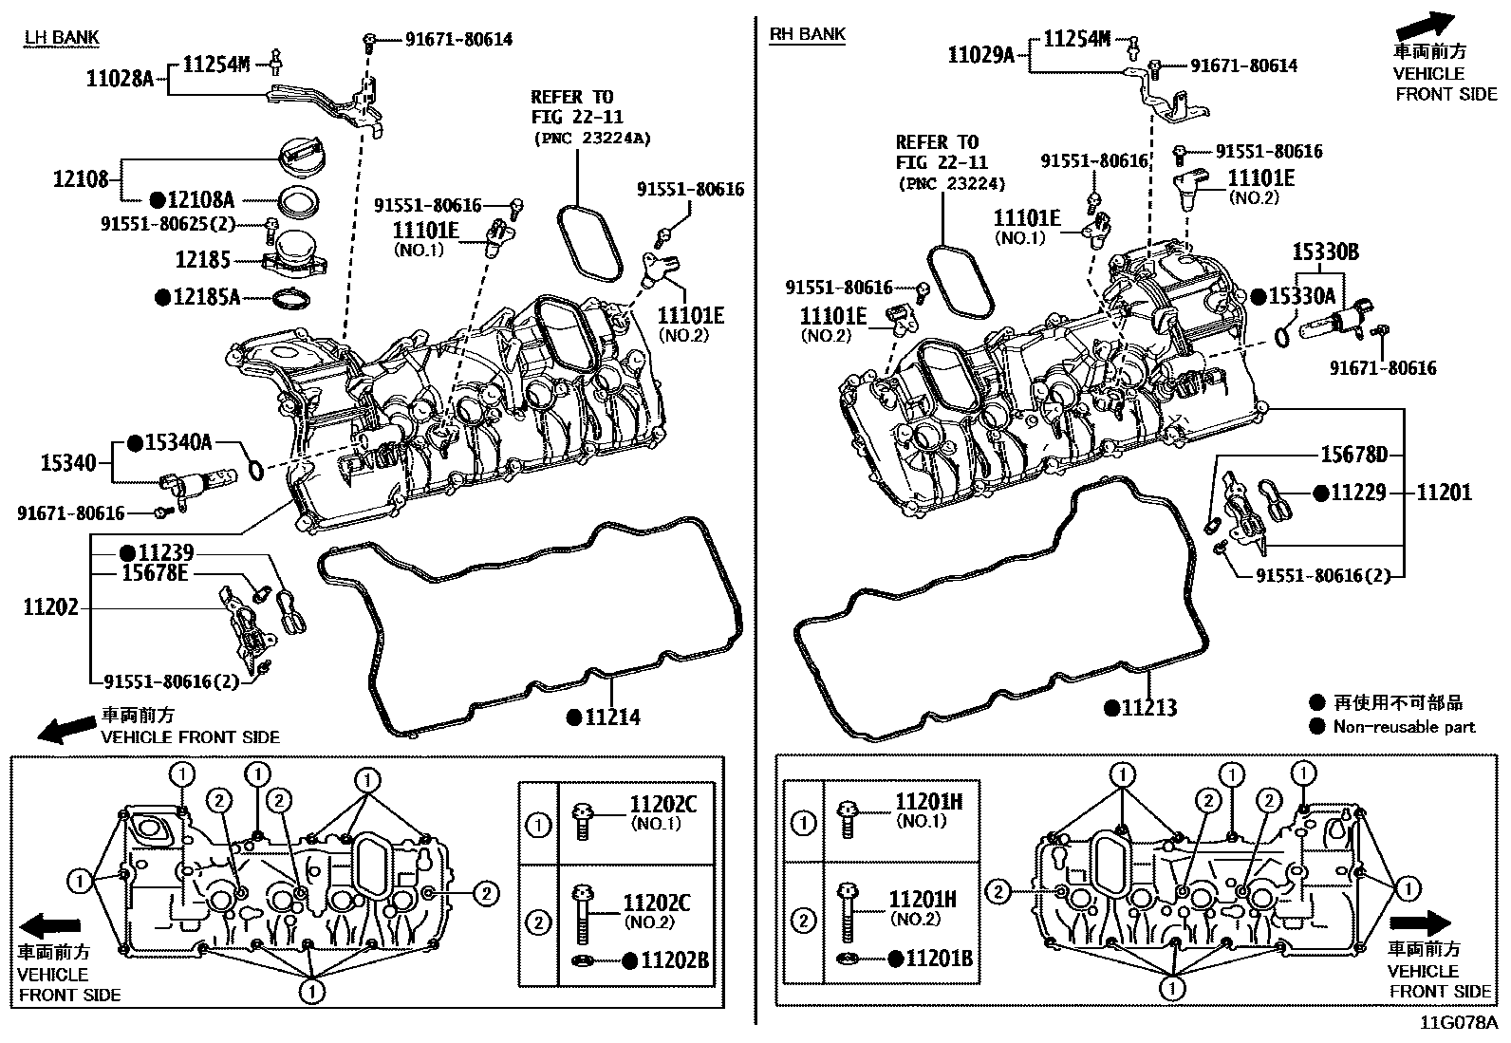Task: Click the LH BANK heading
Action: point(62,37)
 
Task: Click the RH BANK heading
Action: point(807,34)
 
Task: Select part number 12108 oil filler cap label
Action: point(81,179)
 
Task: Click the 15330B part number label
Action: point(1326,251)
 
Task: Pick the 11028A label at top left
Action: point(121,79)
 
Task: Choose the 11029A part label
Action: point(981,55)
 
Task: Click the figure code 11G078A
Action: point(1459,1023)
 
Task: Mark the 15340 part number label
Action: point(68,463)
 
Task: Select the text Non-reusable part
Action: point(1405,727)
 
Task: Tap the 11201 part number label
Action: point(1444,493)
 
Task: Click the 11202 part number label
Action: point(51,607)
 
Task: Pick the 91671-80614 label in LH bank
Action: point(458,40)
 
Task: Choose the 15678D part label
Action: point(1353,455)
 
